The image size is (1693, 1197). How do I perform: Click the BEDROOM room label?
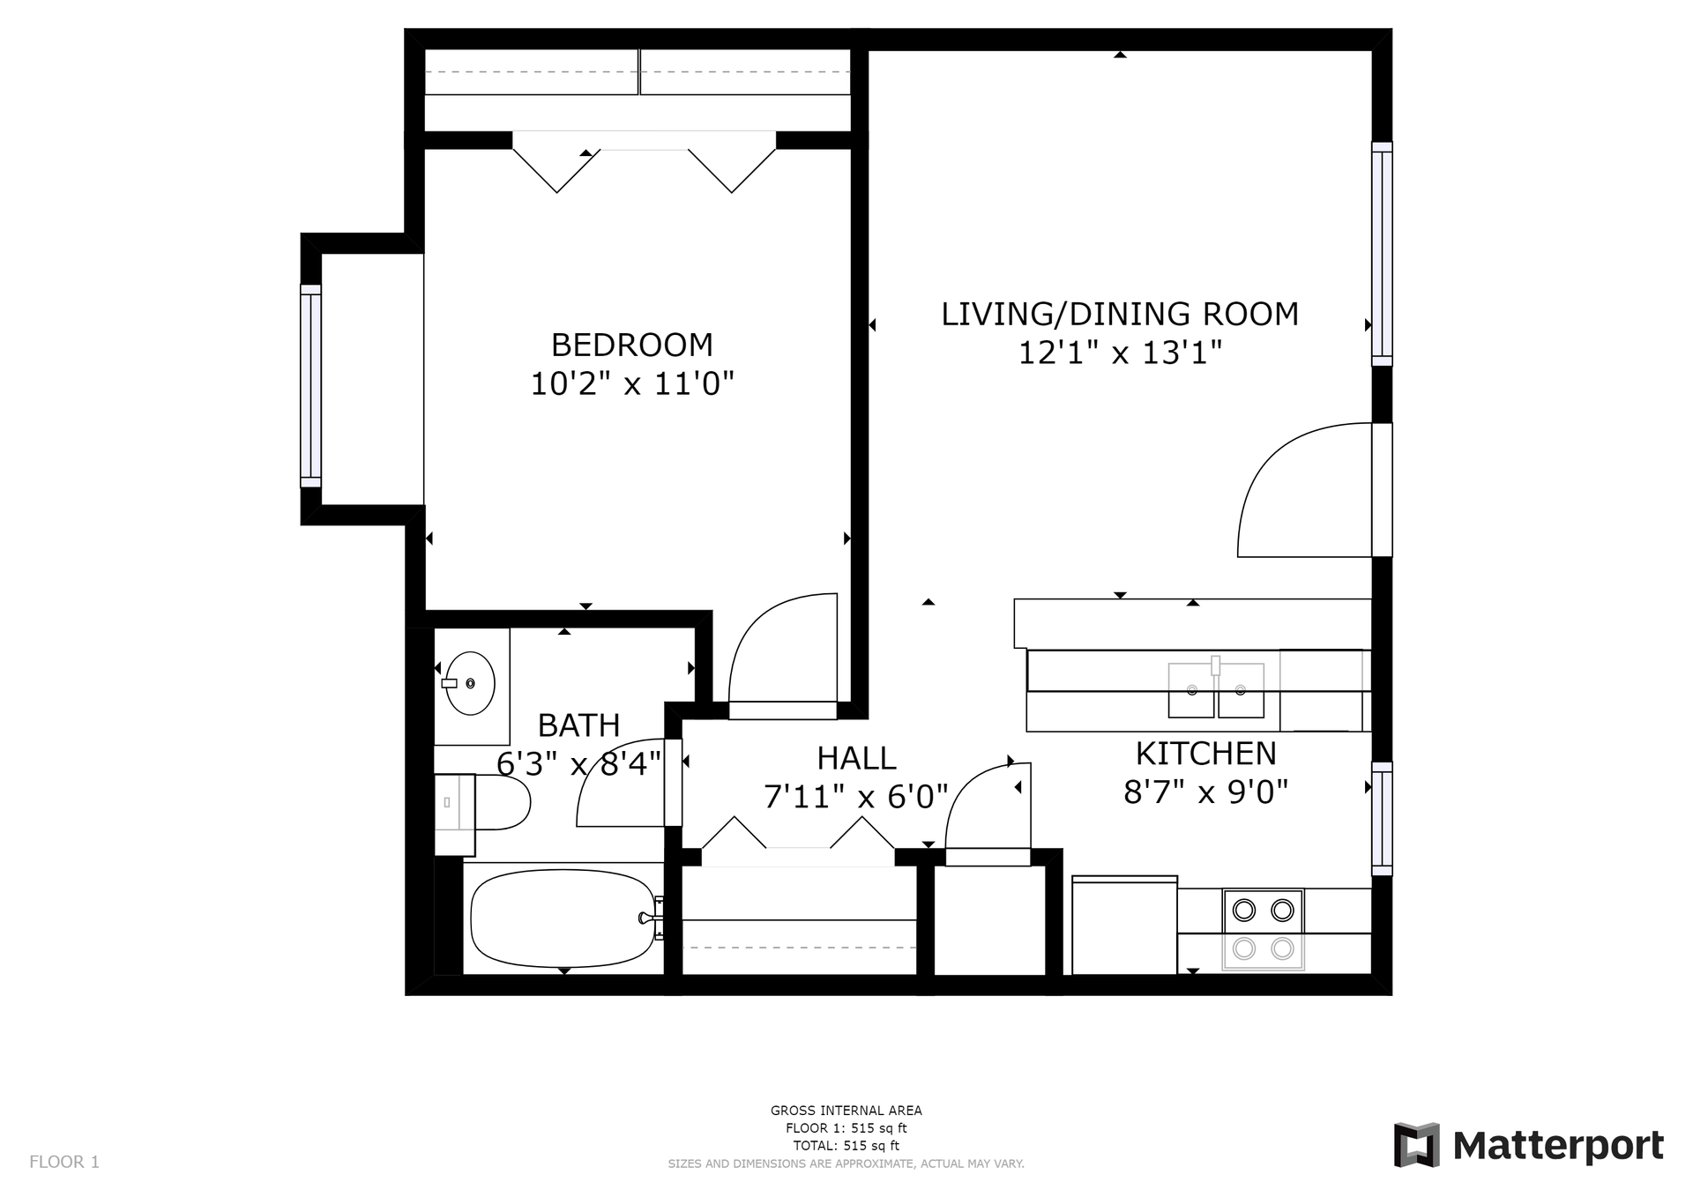pyautogui.click(x=631, y=344)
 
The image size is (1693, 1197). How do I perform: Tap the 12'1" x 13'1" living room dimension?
pyautogui.click(x=1120, y=353)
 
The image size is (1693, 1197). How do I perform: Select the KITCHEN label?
pyautogui.click(x=1205, y=754)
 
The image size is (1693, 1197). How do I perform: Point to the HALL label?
pyautogui.click(x=856, y=758)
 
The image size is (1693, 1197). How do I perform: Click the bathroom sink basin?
pyautogui.click(x=470, y=683)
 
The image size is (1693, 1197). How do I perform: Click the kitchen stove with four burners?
pyautogui.click(x=1263, y=929)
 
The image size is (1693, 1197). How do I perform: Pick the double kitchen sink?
pyautogui.click(x=1216, y=690)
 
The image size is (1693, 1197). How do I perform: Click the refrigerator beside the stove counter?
pyautogui.click(x=1124, y=925)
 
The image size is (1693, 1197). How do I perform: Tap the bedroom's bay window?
pyautogui.click(x=310, y=385)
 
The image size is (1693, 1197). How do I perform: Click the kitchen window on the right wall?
pyautogui.click(x=1382, y=819)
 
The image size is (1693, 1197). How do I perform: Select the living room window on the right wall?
pyautogui.click(x=1382, y=254)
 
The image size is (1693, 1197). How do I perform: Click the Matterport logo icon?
pyautogui.click(x=1416, y=1145)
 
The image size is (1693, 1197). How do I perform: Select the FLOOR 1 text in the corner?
pyautogui.click(x=64, y=1162)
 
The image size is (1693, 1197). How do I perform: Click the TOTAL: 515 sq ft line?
pyautogui.click(x=846, y=1146)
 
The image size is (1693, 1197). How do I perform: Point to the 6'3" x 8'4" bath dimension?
pyautogui.click(x=578, y=763)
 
